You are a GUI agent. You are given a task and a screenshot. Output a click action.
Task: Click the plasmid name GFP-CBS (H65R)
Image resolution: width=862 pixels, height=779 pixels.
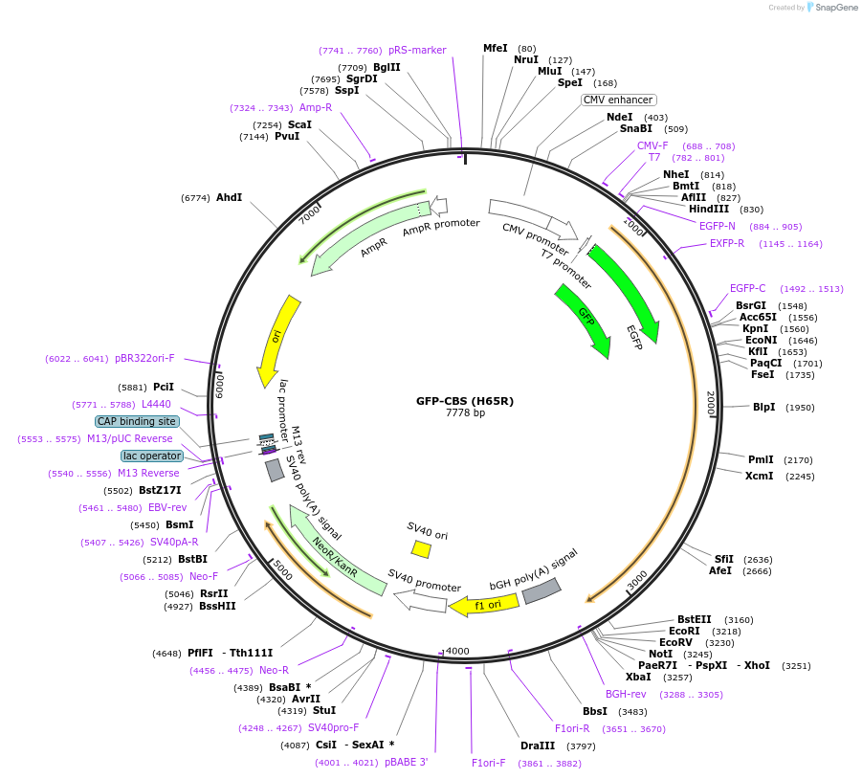click(465, 401)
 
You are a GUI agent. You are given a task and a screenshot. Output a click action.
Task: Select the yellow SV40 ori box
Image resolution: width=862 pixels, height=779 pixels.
click(421, 548)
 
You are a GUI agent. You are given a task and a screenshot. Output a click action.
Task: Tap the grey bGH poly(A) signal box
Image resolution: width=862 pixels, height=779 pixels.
click(541, 590)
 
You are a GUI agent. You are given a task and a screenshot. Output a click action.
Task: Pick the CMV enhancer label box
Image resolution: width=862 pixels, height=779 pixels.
click(619, 100)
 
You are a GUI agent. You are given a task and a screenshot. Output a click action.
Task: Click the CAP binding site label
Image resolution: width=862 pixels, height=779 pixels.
click(137, 421)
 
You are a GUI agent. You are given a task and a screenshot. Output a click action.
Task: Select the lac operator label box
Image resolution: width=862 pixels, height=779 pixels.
click(151, 456)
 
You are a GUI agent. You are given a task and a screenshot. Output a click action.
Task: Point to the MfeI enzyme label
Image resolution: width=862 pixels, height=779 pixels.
click(496, 48)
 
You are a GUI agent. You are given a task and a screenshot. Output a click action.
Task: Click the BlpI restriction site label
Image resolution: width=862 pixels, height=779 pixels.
click(763, 407)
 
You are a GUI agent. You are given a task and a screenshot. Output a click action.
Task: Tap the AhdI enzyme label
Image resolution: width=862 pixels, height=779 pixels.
click(229, 197)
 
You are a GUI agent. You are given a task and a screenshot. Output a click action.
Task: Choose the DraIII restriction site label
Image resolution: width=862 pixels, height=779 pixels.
click(538, 746)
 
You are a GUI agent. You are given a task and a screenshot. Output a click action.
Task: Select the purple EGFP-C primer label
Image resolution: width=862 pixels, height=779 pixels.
click(747, 288)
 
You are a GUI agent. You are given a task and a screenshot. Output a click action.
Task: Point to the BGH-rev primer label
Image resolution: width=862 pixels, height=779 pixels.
click(626, 694)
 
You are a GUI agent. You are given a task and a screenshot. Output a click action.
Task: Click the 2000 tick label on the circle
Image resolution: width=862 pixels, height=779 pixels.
click(710, 402)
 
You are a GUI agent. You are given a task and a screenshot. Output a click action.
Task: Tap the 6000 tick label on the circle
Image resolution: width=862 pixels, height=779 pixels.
click(219, 386)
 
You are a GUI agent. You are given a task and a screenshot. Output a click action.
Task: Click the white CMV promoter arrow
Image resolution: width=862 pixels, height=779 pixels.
click(532, 219)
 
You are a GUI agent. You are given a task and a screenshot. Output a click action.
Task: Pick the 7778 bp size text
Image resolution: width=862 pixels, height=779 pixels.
click(465, 413)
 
